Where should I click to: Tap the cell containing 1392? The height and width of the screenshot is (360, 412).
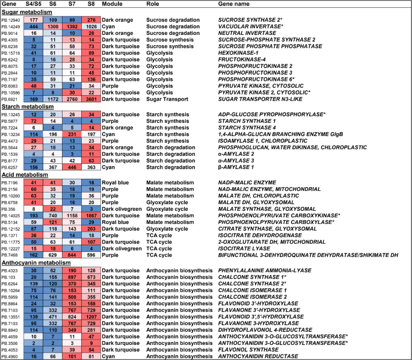coord(72,27)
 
